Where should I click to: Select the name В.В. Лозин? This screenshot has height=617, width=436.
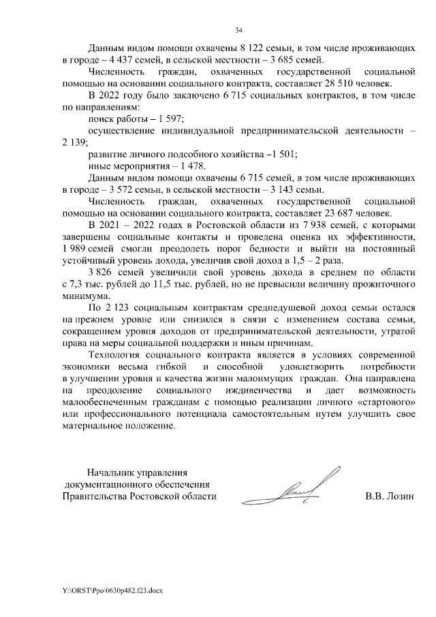tap(390, 496)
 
